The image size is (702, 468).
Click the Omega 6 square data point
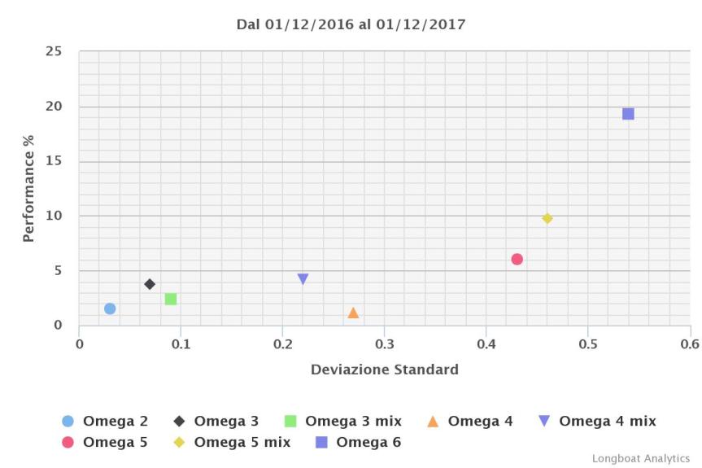[628, 114]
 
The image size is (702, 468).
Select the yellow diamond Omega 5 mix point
[547, 218]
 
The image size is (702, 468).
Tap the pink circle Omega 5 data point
[517, 259]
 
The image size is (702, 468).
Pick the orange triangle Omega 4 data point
[353, 313]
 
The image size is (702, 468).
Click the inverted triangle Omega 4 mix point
[303, 278]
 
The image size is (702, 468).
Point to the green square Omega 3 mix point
[171, 299]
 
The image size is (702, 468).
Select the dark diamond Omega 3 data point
[150, 284]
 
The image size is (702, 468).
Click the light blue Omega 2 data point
[110, 308]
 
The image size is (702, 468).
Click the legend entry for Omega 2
[105, 421]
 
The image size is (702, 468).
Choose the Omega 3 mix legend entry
[342, 421]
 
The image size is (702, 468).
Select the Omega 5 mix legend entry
[232, 443]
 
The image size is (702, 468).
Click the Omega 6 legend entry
[358, 443]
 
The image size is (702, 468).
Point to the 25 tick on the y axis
[53, 51]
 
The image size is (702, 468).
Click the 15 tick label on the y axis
[53, 161]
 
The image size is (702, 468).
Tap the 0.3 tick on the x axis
[384, 343]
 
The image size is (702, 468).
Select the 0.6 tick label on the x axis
[690, 343]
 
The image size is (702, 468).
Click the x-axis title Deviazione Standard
[384, 370]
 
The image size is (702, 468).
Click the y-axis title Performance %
[28, 189]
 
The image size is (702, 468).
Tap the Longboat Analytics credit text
[640, 459]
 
